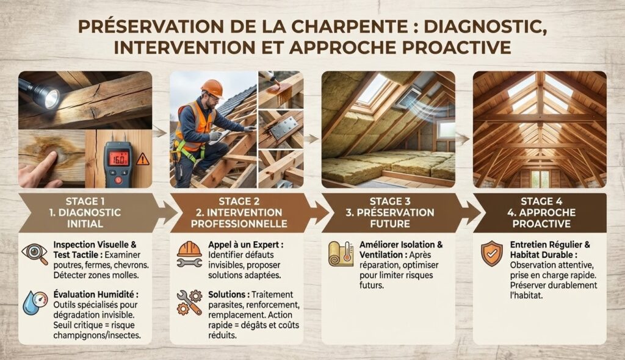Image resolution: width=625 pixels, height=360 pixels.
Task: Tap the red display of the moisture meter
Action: [x=118, y=158]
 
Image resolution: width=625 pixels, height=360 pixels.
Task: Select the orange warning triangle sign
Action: [x=142, y=159]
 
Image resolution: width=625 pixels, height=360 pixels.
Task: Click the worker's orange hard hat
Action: [x=212, y=88]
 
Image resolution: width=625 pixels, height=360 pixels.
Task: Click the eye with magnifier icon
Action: [x=35, y=254]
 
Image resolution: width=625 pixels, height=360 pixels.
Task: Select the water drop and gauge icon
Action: [x=35, y=303]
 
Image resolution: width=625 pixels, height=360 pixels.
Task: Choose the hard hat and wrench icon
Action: [x=189, y=254]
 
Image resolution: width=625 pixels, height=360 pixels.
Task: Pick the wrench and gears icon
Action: [x=189, y=303]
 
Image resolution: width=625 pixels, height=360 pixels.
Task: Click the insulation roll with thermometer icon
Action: [x=341, y=254]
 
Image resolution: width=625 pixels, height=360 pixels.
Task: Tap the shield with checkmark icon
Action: [x=491, y=253]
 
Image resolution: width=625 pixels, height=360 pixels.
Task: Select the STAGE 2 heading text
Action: [x=239, y=201]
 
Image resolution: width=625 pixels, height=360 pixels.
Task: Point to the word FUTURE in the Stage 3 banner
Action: [x=390, y=224]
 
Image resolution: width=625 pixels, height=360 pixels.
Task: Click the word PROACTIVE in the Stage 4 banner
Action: [x=541, y=224]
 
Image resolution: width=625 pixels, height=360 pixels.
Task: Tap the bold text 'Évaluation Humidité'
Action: [x=96, y=295]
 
